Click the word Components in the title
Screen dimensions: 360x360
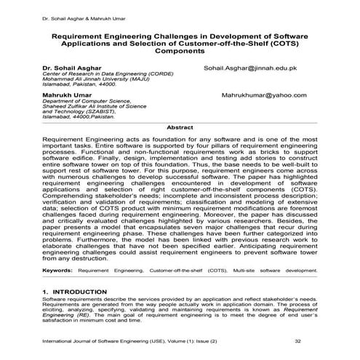tap(179, 52)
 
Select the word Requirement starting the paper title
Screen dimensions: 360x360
tap(84, 34)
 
